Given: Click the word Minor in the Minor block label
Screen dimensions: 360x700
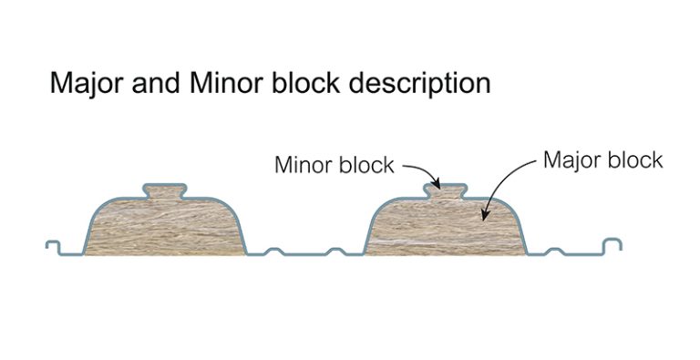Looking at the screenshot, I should [x=302, y=166].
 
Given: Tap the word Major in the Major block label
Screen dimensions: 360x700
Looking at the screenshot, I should [x=571, y=160].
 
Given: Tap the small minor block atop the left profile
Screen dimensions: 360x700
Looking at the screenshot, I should [x=165, y=191].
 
